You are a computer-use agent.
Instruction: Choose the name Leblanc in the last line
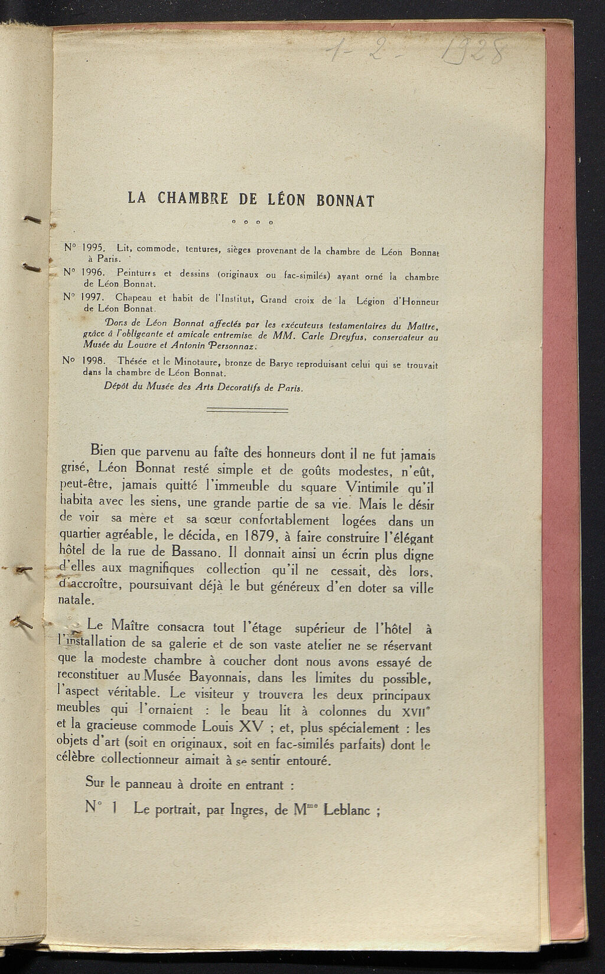349,810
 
